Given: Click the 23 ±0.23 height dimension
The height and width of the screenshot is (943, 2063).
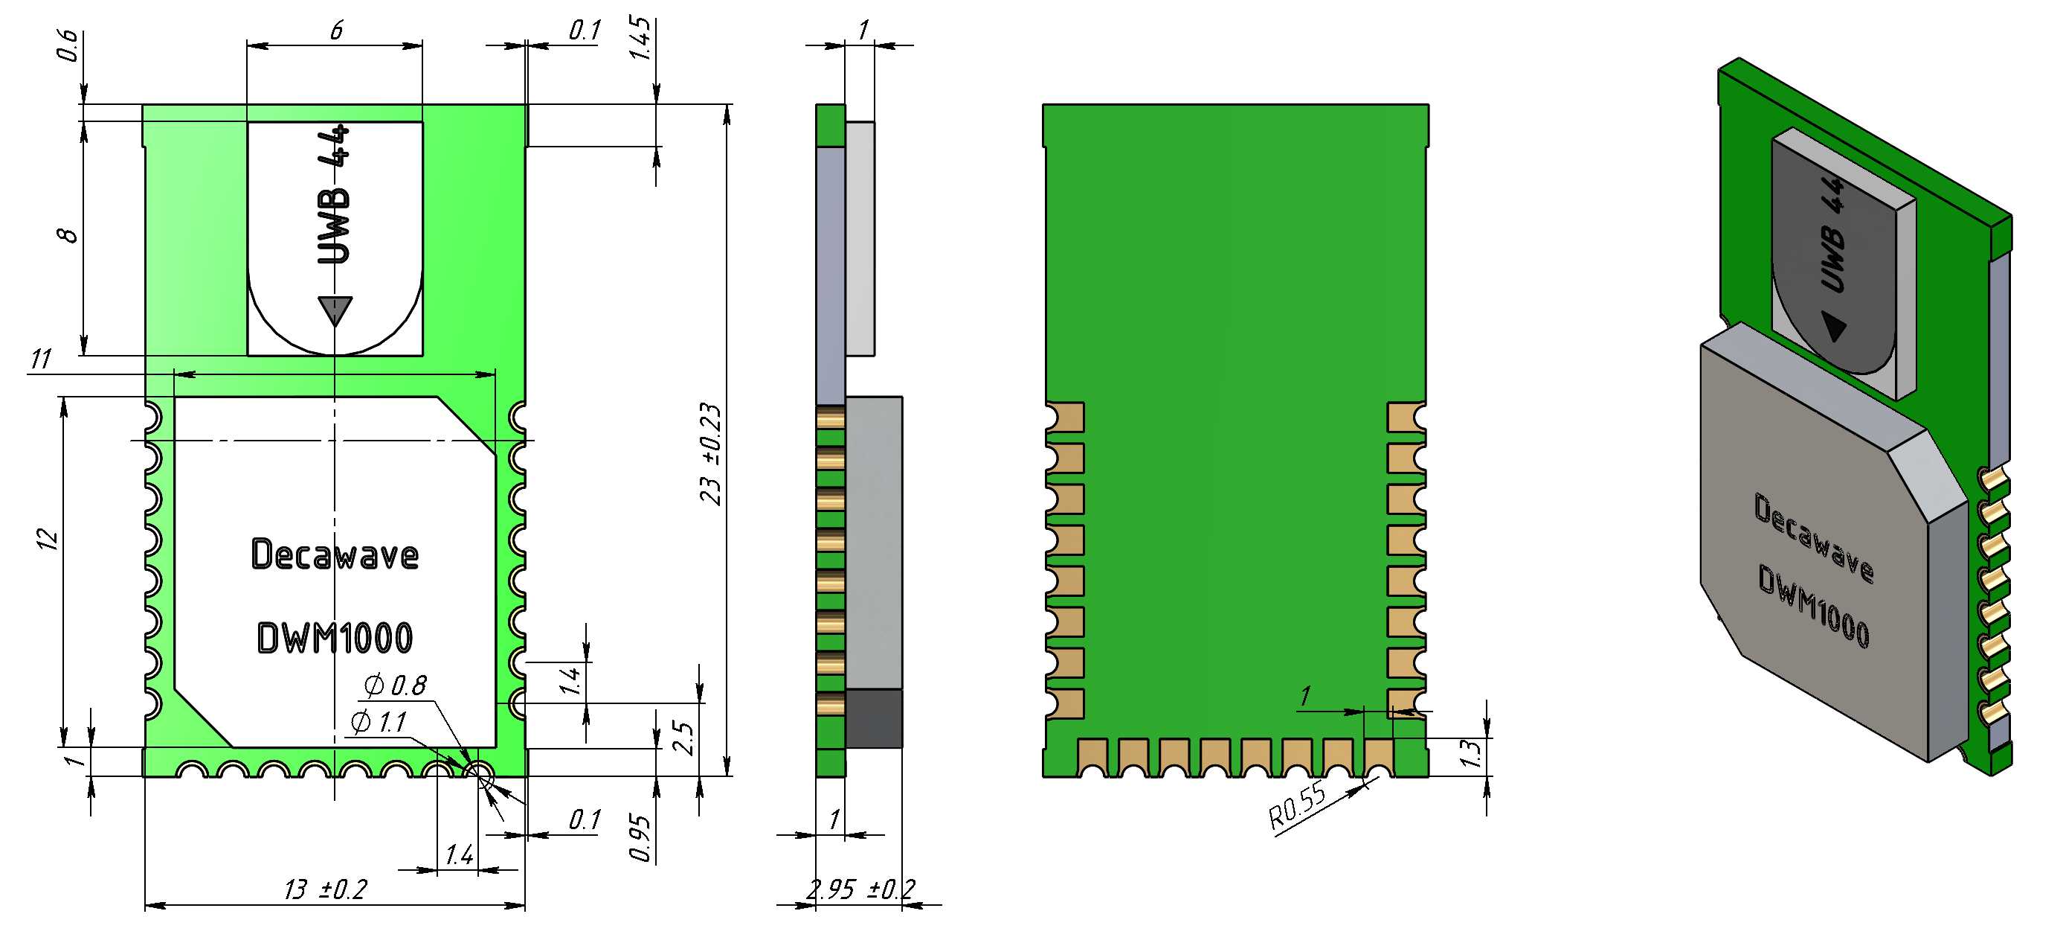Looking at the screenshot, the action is (710, 454).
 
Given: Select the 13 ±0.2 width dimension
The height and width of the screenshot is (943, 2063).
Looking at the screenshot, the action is (325, 889).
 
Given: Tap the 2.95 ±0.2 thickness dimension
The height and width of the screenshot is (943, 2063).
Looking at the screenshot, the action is (861, 889).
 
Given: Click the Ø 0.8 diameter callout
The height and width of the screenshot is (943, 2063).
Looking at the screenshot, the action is (395, 685).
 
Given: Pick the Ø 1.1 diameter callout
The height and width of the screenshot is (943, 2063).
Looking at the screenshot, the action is (379, 722).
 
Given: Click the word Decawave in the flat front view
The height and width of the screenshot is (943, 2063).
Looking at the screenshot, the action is (335, 554).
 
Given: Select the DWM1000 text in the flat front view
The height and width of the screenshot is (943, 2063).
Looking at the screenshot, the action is (335, 638).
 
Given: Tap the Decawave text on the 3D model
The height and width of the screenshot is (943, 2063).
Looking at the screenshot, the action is (1814, 537).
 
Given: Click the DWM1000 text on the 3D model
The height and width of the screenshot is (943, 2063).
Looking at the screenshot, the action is (1814, 606).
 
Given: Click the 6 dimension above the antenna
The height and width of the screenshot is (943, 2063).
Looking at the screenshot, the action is (336, 31).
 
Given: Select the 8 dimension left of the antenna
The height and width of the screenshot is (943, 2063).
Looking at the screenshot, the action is (68, 234).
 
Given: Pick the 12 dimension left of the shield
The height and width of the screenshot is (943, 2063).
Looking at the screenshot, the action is (49, 539).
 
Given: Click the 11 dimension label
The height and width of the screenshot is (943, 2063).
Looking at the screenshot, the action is (41, 359).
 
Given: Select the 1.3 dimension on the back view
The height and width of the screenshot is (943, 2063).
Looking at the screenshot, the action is (1470, 753).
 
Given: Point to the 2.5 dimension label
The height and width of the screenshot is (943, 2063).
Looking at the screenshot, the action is (683, 738).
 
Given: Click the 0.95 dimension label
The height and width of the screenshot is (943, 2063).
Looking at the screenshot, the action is (640, 838).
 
